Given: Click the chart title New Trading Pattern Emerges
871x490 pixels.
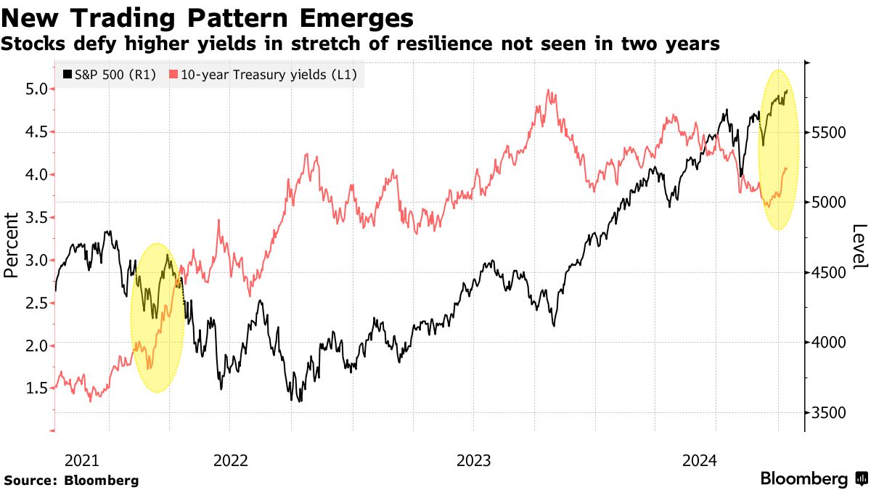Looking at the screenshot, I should point(209,17).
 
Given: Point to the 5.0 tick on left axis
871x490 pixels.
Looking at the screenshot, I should point(37,89).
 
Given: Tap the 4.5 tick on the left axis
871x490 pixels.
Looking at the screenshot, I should point(37,132).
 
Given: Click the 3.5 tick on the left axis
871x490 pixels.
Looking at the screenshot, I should point(37,218).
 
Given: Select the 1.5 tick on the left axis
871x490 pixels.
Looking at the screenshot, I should point(37,388).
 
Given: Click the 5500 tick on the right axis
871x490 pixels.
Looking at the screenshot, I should point(828,133).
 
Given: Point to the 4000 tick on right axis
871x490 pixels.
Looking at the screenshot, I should point(828,343).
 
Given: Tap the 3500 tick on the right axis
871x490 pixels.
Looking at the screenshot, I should point(828,413).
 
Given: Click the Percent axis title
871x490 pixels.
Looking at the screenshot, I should point(11,245).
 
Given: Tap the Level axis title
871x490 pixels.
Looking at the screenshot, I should point(859,245).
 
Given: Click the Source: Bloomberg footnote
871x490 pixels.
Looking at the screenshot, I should point(71,480).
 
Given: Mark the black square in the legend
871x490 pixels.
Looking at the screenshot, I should point(68,74).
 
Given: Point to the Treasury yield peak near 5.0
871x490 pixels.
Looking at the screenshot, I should point(549,91).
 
